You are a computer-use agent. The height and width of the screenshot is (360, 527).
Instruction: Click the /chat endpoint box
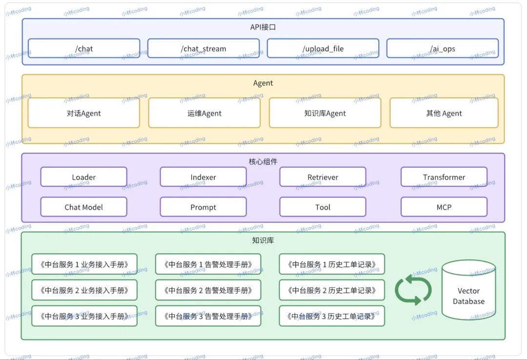84,48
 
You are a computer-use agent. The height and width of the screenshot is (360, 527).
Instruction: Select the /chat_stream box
203,48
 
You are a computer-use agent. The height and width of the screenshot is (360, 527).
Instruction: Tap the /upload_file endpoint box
323,48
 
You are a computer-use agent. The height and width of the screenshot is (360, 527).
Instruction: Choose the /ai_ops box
443,48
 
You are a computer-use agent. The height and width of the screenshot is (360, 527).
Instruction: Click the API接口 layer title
263,27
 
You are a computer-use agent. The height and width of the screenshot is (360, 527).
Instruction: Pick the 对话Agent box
84,113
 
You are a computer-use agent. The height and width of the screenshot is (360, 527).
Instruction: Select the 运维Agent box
204,113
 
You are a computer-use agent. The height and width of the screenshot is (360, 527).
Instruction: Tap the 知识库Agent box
325,113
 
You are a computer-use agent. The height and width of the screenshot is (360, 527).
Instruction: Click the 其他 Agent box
444,113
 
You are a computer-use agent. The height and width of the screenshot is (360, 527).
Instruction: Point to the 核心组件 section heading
263,161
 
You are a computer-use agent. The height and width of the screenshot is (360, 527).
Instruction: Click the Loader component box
84,177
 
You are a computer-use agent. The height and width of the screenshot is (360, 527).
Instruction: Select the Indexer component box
203,177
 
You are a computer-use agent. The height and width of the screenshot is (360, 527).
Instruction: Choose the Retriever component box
323,177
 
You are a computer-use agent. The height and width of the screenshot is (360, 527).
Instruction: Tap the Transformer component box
444,177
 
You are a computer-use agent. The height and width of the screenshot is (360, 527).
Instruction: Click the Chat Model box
84,207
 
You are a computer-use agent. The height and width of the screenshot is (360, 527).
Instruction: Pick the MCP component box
444,207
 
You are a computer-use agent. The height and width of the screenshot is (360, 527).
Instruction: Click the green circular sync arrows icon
413,290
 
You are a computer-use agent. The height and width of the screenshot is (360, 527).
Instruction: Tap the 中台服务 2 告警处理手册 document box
208,290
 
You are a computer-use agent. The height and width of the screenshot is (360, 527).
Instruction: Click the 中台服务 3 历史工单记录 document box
332,316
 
